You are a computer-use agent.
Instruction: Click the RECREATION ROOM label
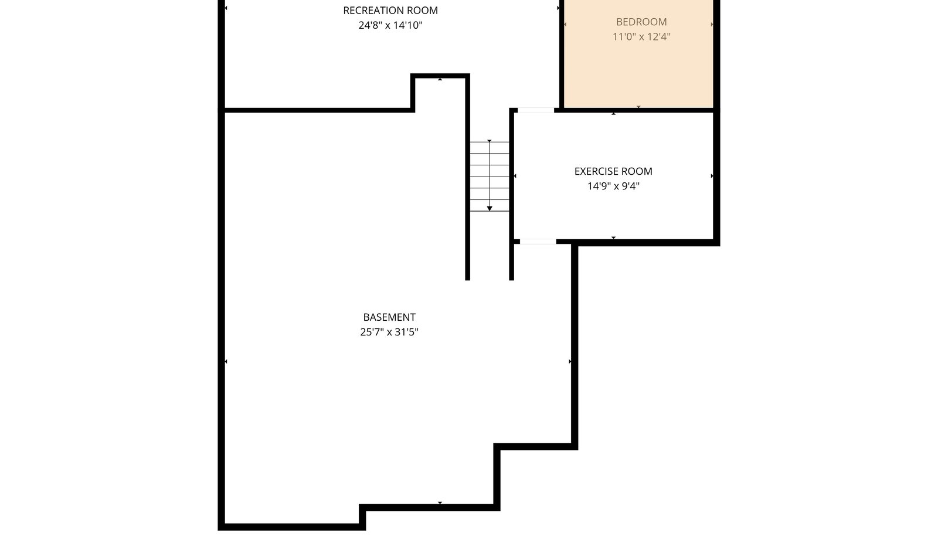coord(390,11)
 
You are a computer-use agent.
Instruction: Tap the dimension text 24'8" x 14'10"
coord(390,25)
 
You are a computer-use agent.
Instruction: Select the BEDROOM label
coord(641,22)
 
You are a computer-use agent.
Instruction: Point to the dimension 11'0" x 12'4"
coord(641,37)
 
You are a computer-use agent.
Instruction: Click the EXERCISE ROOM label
coord(613,171)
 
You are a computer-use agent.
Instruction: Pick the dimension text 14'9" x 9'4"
coord(613,186)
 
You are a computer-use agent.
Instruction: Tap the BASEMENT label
coord(389,317)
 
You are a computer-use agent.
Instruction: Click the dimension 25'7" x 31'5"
coord(389,332)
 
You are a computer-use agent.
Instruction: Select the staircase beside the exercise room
coord(489,177)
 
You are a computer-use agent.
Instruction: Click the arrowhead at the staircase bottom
coord(489,209)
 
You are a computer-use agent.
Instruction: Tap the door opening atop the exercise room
coord(536,110)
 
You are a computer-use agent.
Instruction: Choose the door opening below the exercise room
coord(538,242)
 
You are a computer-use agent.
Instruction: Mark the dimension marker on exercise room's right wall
coord(712,176)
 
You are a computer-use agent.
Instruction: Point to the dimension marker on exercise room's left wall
coord(515,176)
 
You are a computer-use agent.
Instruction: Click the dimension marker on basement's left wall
coord(226,361)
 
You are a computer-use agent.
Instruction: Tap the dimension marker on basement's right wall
coord(570,361)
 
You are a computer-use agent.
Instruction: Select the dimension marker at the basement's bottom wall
coord(440,503)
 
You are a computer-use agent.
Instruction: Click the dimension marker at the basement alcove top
coord(440,79)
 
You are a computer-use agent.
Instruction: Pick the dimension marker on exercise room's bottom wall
coord(613,238)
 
